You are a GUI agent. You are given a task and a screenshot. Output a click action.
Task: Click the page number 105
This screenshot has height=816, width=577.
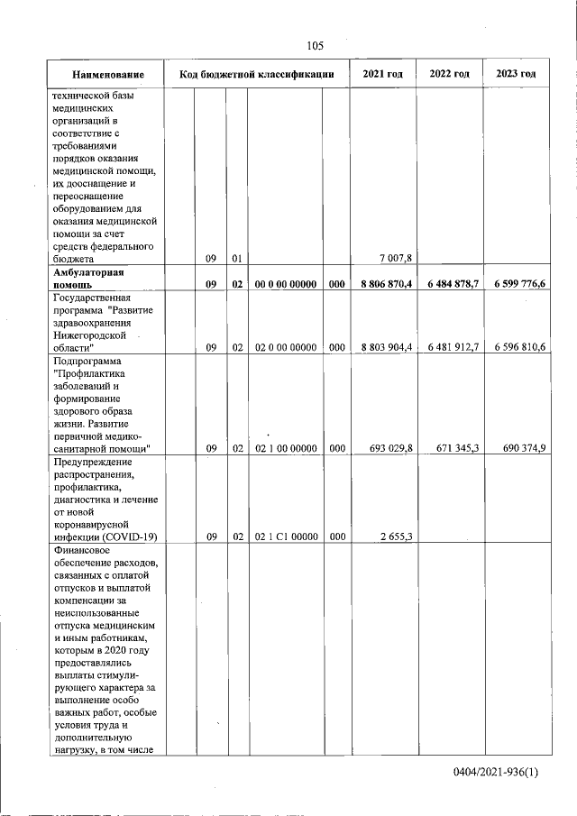315,46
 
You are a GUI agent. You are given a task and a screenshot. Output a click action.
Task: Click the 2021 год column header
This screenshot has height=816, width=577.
382,73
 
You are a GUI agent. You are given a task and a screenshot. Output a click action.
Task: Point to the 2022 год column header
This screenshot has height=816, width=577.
450,73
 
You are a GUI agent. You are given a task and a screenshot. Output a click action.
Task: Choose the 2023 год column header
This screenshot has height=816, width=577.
516,73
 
